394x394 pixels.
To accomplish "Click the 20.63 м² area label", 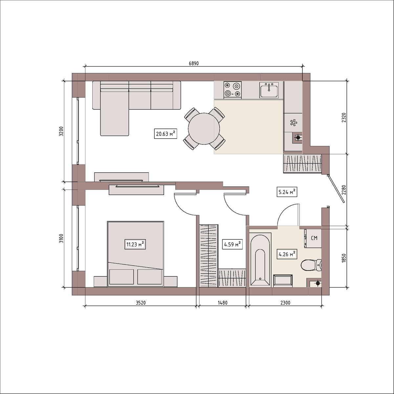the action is coord(165,134).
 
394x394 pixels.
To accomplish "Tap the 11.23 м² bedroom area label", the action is coord(135,244).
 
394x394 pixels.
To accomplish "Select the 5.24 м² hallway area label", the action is coord(287,192).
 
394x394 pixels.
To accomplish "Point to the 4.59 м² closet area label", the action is coord(232,244).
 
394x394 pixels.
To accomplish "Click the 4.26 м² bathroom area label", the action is coord(287,254).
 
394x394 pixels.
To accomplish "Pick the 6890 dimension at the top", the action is coord(194,63).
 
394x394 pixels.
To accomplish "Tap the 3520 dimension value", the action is coord(141,303).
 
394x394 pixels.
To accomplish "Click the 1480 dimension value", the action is coord(223,303).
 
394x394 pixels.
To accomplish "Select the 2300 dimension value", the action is coord(285,303).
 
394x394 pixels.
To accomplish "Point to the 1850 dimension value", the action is coord(343,258).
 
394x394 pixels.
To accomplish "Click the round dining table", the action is coord(204,129).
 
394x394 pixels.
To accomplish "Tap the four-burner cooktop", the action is coord(232,89).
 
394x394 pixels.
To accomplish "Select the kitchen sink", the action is coord(269,90).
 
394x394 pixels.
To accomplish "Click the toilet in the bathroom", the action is coord(311,265).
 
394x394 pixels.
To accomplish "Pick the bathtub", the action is coord(260,260).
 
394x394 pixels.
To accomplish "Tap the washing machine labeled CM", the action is coord(313,238).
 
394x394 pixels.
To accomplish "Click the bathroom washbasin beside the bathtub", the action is coord(283,281).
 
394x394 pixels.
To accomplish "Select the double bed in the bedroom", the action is coord(135,254).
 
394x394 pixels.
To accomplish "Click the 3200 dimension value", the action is coord(61,131).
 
